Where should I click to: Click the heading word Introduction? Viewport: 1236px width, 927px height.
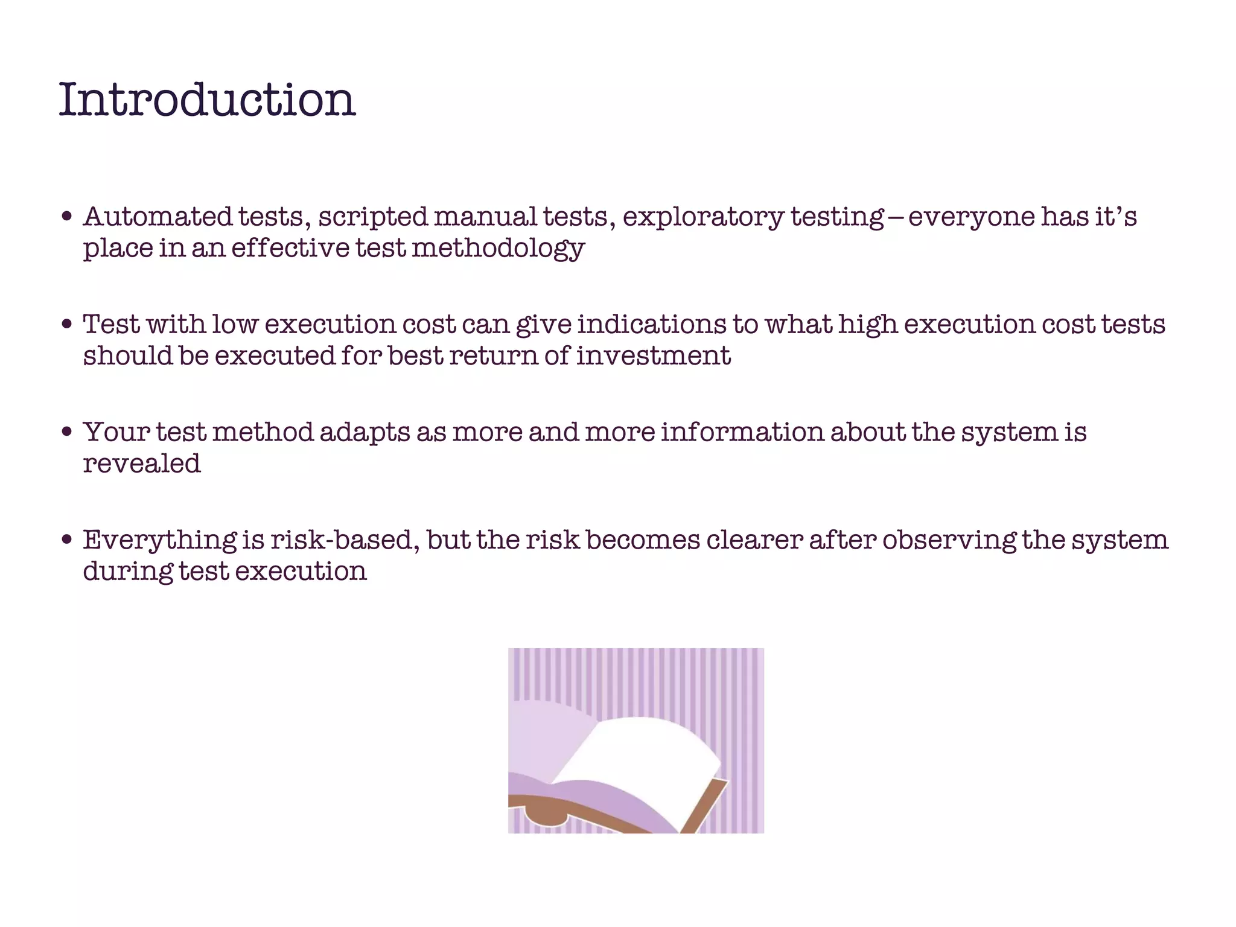pyautogui.click(x=207, y=100)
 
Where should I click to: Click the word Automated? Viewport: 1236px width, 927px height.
pyautogui.click(x=158, y=217)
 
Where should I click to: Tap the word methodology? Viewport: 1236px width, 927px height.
pyautogui.click(x=498, y=249)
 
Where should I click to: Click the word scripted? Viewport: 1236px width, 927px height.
pyautogui.click(x=373, y=218)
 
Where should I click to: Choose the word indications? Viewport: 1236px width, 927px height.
pyautogui.click(x=652, y=325)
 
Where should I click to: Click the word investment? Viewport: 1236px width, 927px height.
pyautogui.click(x=654, y=355)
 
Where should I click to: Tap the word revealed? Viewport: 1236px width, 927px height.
pyautogui.click(x=142, y=463)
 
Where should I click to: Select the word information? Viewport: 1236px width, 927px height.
pyautogui.click(x=742, y=432)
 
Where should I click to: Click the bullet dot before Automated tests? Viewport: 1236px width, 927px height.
pyautogui.click(x=67, y=217)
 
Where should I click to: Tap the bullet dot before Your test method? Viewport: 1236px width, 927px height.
pyautogui.click(x=67, y=432)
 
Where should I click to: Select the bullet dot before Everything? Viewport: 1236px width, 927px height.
pyautogui.click(x=67, y=540)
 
